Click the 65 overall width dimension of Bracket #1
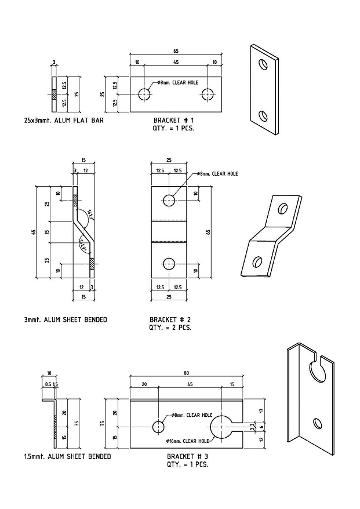tap(176, 51)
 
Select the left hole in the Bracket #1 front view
tap(144, 94)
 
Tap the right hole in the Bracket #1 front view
tap(207, 94)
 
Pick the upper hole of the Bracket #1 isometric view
tap(263, 64)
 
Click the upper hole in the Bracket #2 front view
tap(169, 200)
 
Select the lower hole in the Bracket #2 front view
tap(169, 263)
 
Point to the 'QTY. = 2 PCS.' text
tap(170, 327)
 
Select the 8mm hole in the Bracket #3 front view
tap(158, 427)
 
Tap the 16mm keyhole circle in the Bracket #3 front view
tap(221, 427)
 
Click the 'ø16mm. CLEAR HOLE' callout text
tap(187, 441)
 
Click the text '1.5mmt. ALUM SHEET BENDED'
tap(68, 456)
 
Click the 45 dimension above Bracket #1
tap(176, 63)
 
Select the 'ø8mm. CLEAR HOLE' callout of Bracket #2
tap(217, 173)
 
